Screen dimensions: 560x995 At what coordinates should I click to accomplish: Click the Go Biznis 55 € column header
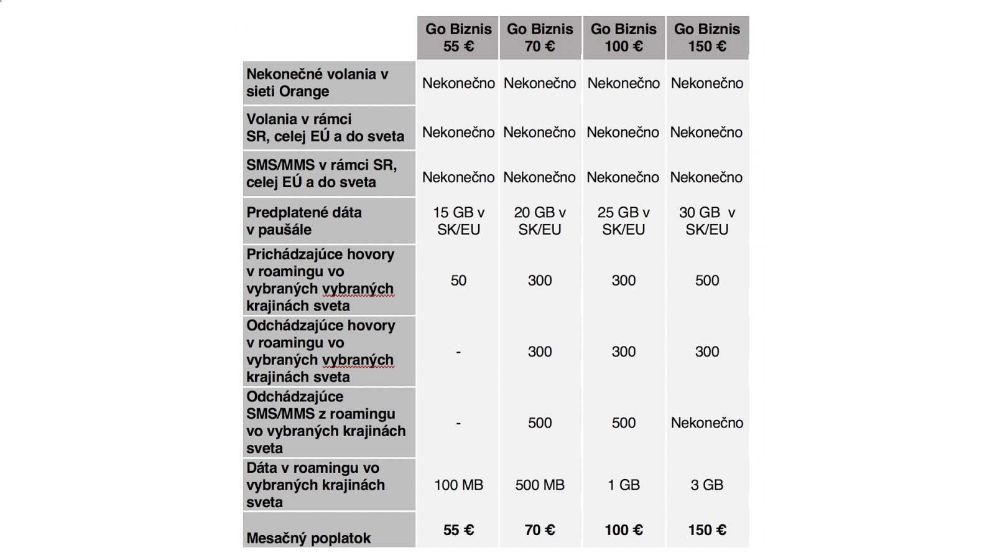pyautogui.click(x=458, y=37)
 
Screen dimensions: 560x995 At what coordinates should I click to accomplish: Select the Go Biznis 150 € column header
pyautogui.click(x=707, y=37)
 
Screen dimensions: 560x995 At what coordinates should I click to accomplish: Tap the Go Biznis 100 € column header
pyautogui.click(x=623, y=37)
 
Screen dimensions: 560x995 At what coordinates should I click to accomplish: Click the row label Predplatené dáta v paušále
pyautogui.click(x=304, y=221)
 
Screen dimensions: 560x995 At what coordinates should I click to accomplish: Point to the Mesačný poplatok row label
pyautogui.click(x=308, y=538)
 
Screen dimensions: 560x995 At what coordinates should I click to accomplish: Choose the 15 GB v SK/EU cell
pyautogui.click(x=458, y=221)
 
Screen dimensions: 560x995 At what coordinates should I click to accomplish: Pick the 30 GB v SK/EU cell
pyautogui.click(x=707, y=221)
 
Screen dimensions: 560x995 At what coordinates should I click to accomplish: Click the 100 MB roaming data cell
pyautogui.click(x=458, y=485)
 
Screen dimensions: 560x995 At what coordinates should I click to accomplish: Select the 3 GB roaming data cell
pyautogui.click(x=707, y=485)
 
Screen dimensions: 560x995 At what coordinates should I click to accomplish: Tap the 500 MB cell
pyautogui.click(x=540, y=485)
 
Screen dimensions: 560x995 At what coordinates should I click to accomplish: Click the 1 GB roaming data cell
pyautogui.click(x=623, y=485)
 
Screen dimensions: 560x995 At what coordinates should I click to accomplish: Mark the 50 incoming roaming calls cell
pyautogui.click(x=458, y=281)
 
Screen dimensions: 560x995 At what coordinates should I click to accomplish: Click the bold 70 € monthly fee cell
pyautogui.click(x=540, y=530)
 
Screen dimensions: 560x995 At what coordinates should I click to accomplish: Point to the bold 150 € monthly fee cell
pyautogui.click(x=707, y=530)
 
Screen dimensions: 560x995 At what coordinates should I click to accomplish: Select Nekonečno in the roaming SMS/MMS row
pyautogui.click(x=707, y=423)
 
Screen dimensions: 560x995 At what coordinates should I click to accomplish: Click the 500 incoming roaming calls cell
pyautogui.click(x=707, y=281)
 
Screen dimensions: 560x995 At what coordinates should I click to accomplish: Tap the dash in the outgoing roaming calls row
pyautogui.click(x=458, y=352)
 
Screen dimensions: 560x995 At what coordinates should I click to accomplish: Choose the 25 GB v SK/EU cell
pyautogui.click(x=623, y=221)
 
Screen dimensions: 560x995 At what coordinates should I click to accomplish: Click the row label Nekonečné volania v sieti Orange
pyautogui.click(x=317, y=83)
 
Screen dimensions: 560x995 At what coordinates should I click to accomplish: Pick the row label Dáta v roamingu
pyautogui.click(x=315, y=485)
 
